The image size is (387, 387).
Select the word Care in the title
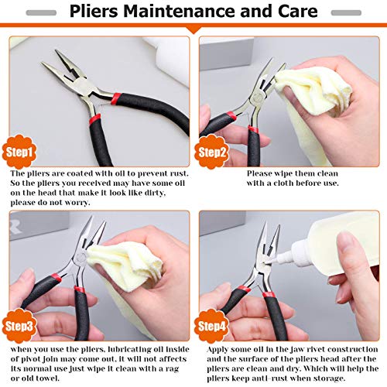296,12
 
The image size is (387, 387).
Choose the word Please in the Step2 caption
264,175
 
